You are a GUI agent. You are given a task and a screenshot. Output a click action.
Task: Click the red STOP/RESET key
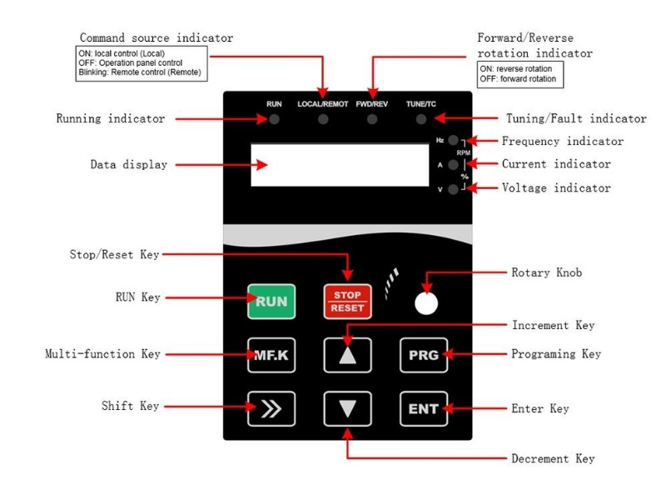tap(347, 302)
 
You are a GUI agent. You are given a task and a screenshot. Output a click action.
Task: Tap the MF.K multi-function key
tap(271, 355)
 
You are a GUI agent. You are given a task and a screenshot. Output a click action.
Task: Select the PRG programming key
tap(424, 355)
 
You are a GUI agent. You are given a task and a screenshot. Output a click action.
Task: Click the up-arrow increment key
tap(347, 355)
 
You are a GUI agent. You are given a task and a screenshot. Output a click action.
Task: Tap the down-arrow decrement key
tap(347, 408)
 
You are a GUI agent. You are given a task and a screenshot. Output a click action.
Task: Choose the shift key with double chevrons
tap(271, 408)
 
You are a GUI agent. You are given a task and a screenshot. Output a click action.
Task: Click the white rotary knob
tap(426, 303)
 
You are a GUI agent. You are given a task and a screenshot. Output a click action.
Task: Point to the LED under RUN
tap(274, 119)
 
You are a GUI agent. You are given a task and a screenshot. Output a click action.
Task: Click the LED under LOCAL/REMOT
tap(323, 119)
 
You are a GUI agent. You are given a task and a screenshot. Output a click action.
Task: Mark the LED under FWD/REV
tap(372, 119)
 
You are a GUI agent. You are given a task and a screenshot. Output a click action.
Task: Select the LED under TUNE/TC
tap(421, 119)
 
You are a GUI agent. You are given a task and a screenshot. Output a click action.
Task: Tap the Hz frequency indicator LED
tap(453, 140)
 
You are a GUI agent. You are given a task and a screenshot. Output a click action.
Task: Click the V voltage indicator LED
tap(453, 189)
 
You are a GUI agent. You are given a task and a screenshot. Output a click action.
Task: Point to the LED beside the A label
tap(453, 164)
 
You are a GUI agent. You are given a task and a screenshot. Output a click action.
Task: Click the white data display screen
tap(340, 165)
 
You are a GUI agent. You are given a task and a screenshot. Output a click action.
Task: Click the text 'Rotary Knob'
tap(546, 272)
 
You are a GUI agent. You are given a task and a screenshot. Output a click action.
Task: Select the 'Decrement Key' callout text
tap(553, 458)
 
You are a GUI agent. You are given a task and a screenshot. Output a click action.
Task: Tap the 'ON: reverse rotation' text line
tap(515, 69)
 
